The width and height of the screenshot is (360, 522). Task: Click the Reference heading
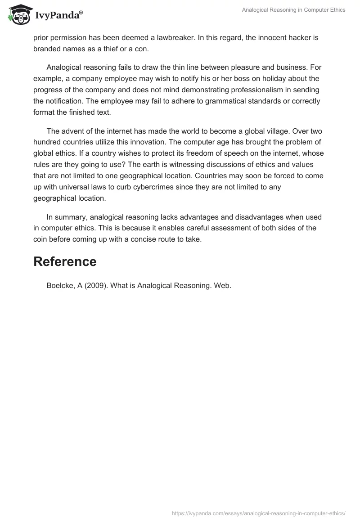click(65, 261)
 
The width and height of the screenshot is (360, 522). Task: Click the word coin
click(40, 239)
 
